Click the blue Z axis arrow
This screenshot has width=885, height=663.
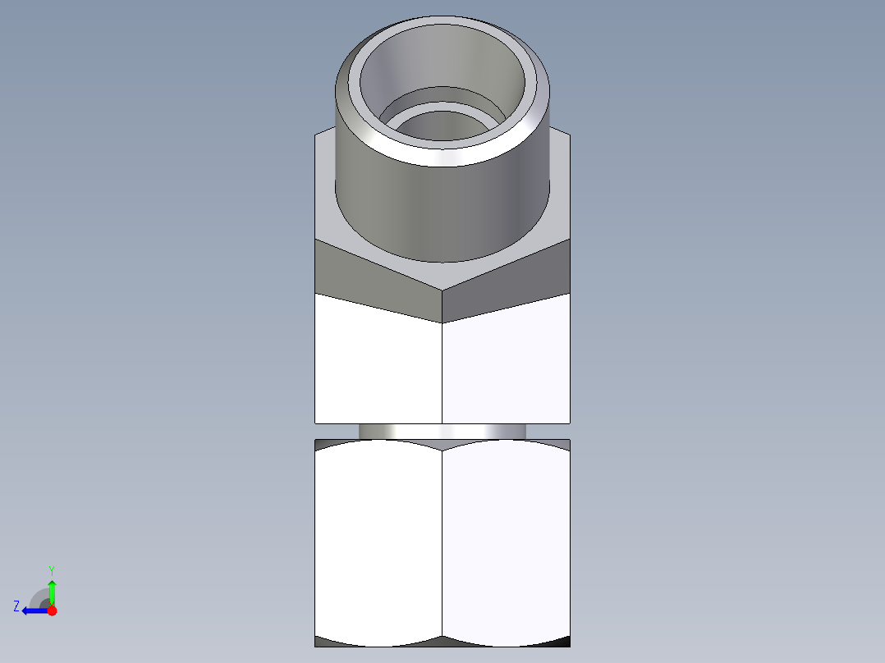point(33,610)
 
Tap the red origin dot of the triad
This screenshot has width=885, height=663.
point(52,610)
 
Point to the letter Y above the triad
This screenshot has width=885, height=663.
point(52,569)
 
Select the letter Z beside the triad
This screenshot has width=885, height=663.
point(16,606)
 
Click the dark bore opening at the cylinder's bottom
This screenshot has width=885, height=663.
point(443,126)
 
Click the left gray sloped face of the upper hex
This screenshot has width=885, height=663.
point(369,275)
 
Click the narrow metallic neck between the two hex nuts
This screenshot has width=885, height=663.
point(442,431)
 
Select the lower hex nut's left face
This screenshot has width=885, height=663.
point(378,542)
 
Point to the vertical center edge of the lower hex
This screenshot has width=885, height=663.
point(442,542)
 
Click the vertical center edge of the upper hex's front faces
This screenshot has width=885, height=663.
point(442,369)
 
